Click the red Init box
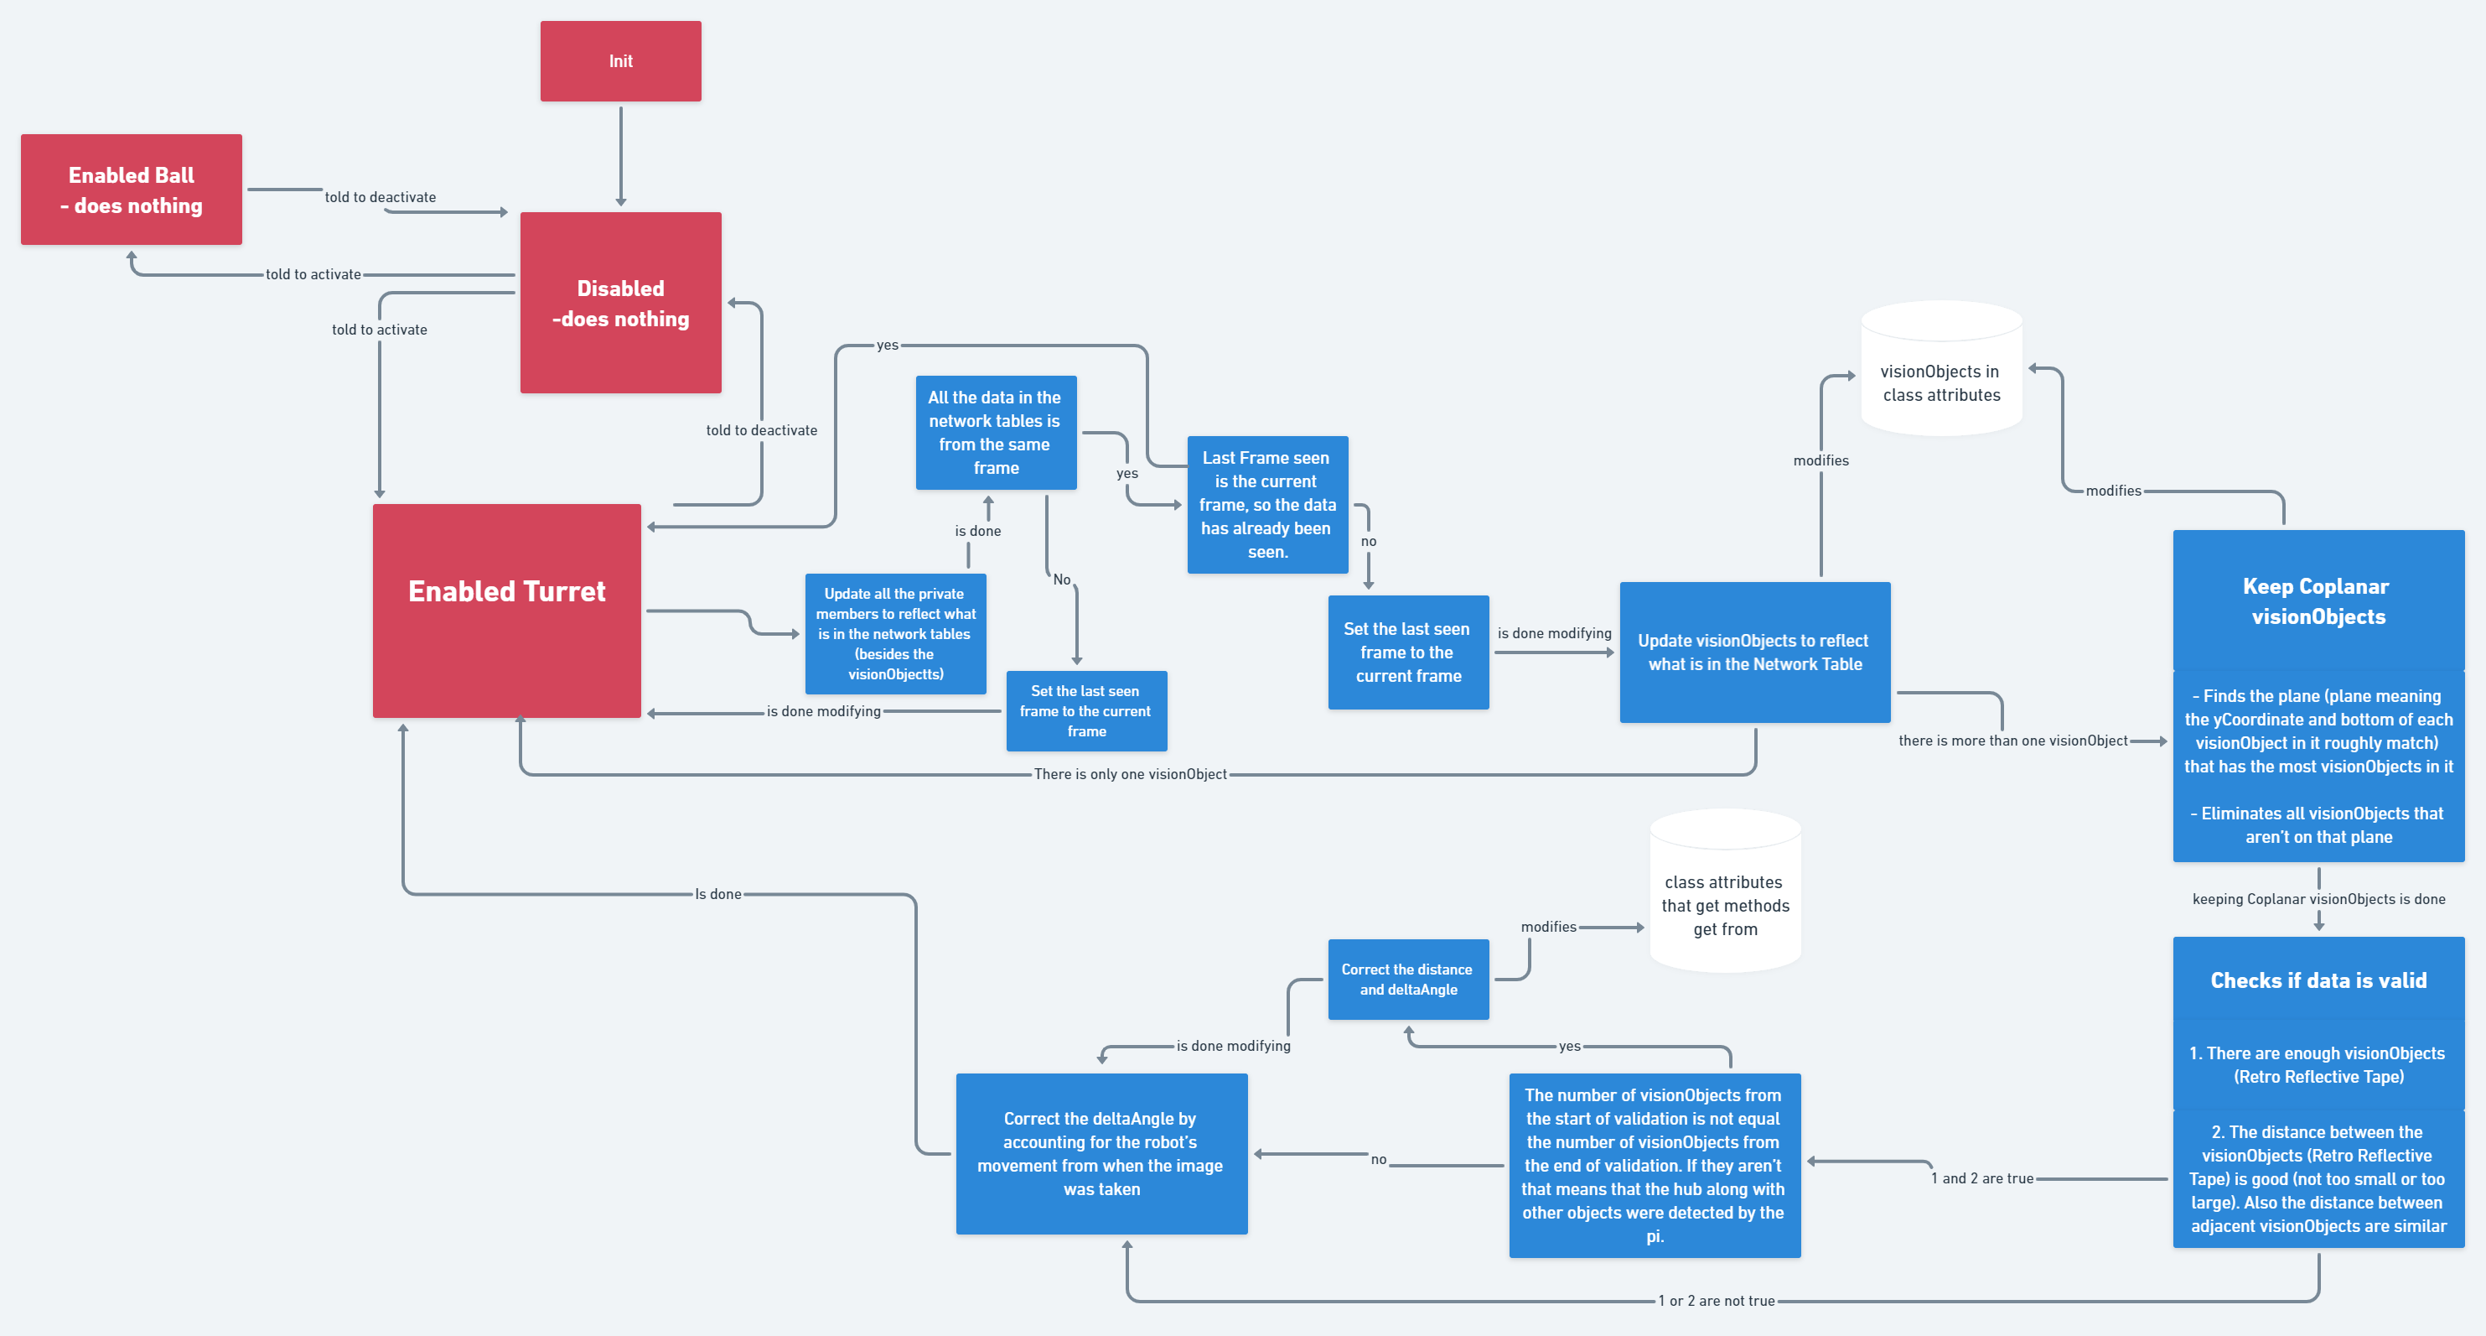tap(620, 61)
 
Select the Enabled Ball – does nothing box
tap(132, 190)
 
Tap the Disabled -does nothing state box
tap(620, 302)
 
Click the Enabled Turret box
tap(506, 610)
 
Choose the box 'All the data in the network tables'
tap(995, 433)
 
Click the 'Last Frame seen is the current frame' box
tap(1267, 504)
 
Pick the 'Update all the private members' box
tap(895, 633)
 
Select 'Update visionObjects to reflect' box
tap(1754, 652)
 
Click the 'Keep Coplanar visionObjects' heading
tap(2318, 600)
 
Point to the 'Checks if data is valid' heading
tap(2318, 980)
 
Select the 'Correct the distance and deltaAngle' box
tap(1408, 979)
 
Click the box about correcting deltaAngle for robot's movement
tap(1101, 1153)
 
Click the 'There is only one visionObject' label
tap(1130, 774)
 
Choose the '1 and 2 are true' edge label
tap(1982, 1178)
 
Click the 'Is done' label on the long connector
tap(718, 895)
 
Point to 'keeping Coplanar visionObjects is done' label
tap(2318, 899)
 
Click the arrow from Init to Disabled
tap(620, 154)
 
